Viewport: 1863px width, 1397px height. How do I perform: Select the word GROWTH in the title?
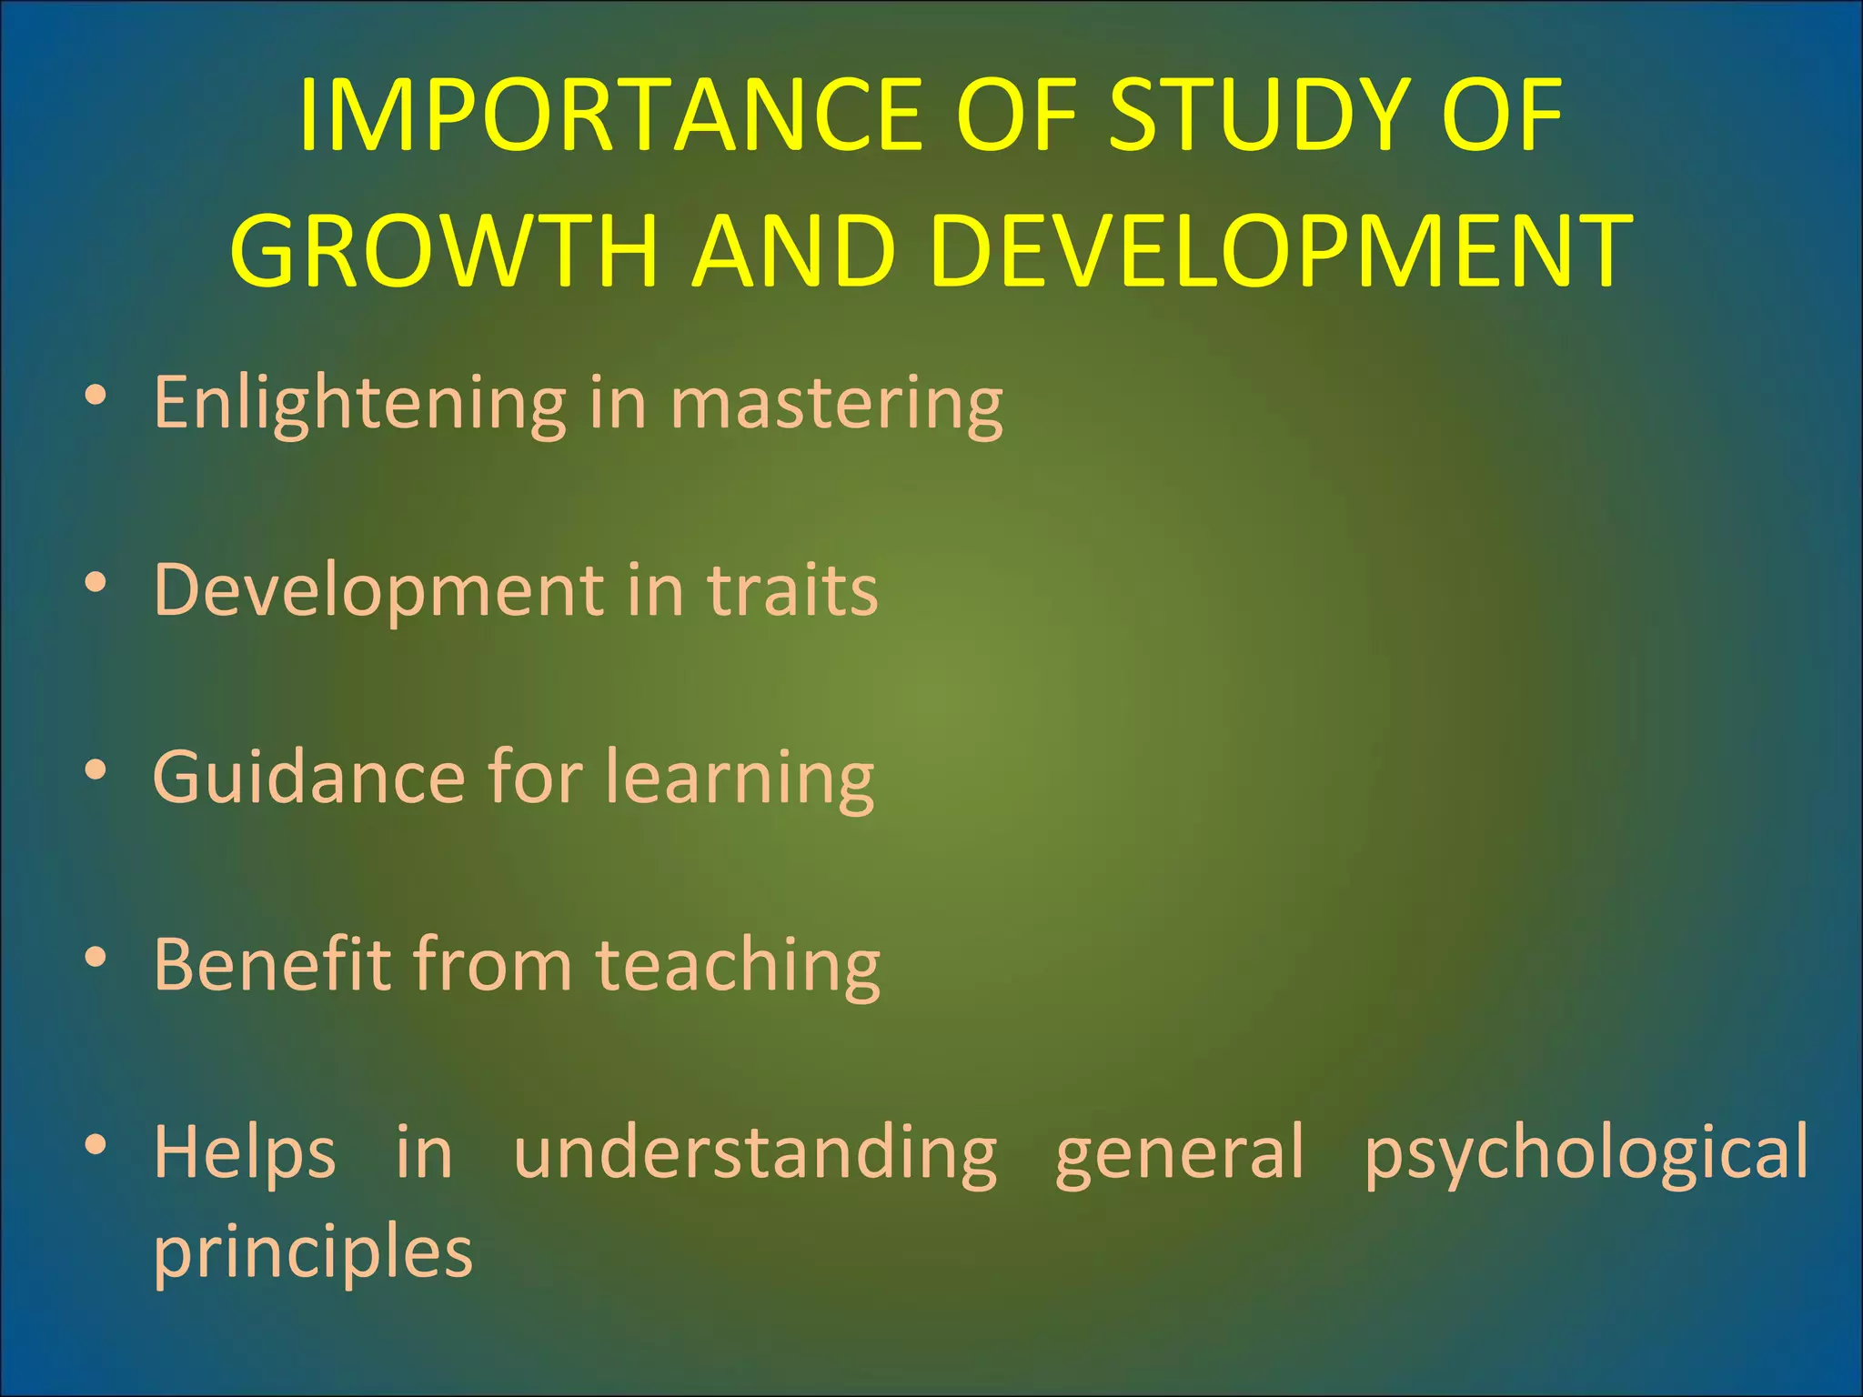[444, 250]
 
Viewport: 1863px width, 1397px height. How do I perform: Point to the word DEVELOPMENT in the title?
[1281, 250]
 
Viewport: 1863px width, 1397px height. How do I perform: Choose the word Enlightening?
[359, 403]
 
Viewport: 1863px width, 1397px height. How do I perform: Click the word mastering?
[837, 403]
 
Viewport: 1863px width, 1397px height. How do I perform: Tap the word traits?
[793, 589]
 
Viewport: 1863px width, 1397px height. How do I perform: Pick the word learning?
[740, 778]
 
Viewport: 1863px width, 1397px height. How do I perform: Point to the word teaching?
[738, 964]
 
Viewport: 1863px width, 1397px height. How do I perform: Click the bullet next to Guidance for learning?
[96, 770]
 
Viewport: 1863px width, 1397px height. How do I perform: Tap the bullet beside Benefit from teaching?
[96, 957]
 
